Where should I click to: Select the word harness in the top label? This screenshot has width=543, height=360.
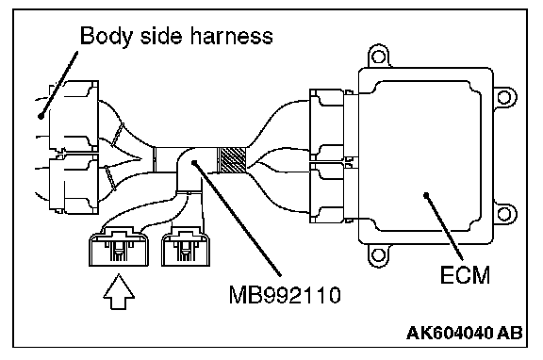pos(232,35)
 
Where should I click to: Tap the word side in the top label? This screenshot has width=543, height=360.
pos(161,35)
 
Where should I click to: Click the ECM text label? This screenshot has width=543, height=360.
pos(465,275)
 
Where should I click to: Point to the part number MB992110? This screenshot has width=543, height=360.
pos(285,295)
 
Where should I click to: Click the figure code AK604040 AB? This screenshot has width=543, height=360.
pos(465,333)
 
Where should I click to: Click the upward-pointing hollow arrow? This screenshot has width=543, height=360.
pos(119,292)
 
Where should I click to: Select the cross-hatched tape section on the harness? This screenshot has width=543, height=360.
pos(231,160)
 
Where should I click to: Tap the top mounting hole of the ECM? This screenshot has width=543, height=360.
pos(378,57)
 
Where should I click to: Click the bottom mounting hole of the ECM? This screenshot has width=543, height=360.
pos(378,255)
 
